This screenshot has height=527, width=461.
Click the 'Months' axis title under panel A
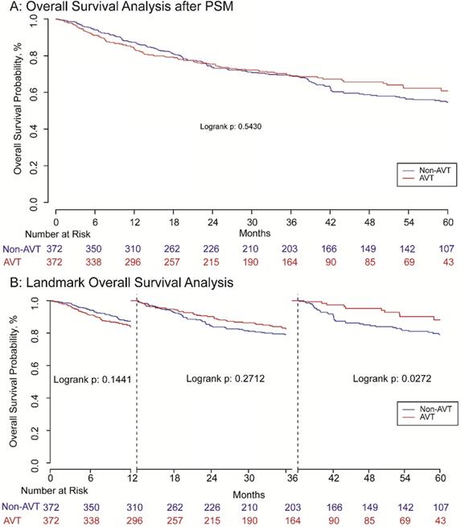coord(252,232)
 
